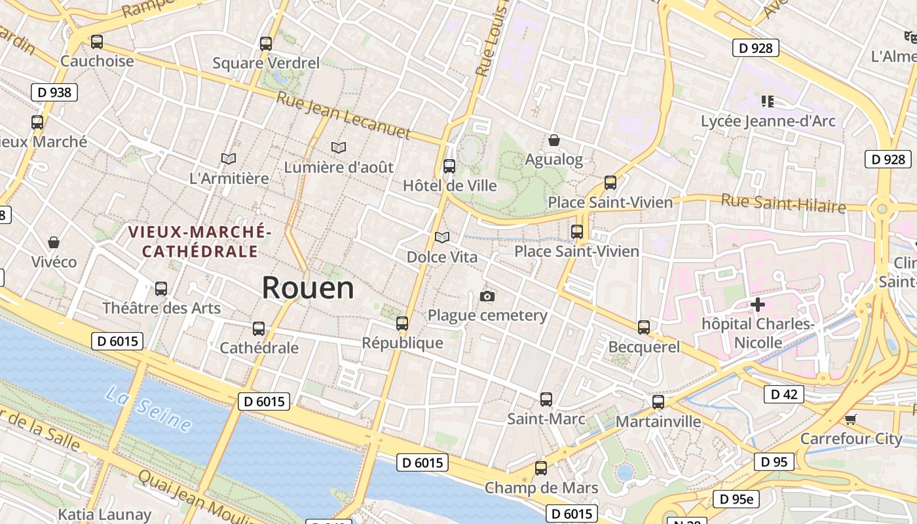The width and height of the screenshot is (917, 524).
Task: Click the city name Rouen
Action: click(308, 288)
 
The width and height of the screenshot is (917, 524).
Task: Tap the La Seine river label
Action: click(149, 409)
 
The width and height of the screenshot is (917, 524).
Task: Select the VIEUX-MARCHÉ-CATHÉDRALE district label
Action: click(200, 241)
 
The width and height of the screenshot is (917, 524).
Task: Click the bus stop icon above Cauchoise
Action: click(97, 42)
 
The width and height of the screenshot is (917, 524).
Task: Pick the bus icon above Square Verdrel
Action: click(266, 44)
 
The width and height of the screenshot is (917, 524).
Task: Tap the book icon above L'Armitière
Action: click(229, 159)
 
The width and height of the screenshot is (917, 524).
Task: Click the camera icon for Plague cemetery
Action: click(487, 296)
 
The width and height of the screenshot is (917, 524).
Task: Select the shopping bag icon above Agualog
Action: click(554, 140)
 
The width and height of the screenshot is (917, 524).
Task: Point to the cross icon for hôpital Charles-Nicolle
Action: click(758, 305)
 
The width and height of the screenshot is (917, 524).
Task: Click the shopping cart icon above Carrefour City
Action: click(850, 419)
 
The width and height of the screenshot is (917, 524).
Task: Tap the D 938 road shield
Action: click(54, 92)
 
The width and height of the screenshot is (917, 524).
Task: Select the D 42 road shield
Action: click(783, 394)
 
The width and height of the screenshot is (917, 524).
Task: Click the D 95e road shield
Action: click(736, 499)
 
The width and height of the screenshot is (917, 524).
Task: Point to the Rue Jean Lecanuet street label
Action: click(343, 116)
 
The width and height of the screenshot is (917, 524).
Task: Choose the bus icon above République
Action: click(402, 324)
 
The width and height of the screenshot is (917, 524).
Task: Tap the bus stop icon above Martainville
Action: click(658, 402)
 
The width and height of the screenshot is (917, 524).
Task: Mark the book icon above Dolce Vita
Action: click(442, 237)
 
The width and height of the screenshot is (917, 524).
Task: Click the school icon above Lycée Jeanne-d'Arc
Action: click(768, 102)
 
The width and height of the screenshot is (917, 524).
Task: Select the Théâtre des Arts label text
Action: click(161, 308)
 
